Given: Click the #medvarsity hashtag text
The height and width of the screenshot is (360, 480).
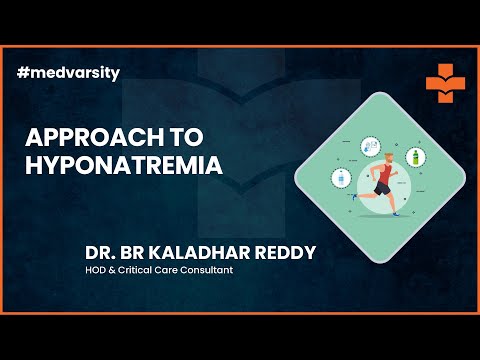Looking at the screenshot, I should (63, 74).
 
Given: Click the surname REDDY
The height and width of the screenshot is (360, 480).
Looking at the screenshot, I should (283, 252).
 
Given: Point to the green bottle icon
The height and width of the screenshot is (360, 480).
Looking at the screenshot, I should (411, 157).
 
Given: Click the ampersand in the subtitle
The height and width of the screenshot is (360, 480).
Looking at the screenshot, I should (118, 270).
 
